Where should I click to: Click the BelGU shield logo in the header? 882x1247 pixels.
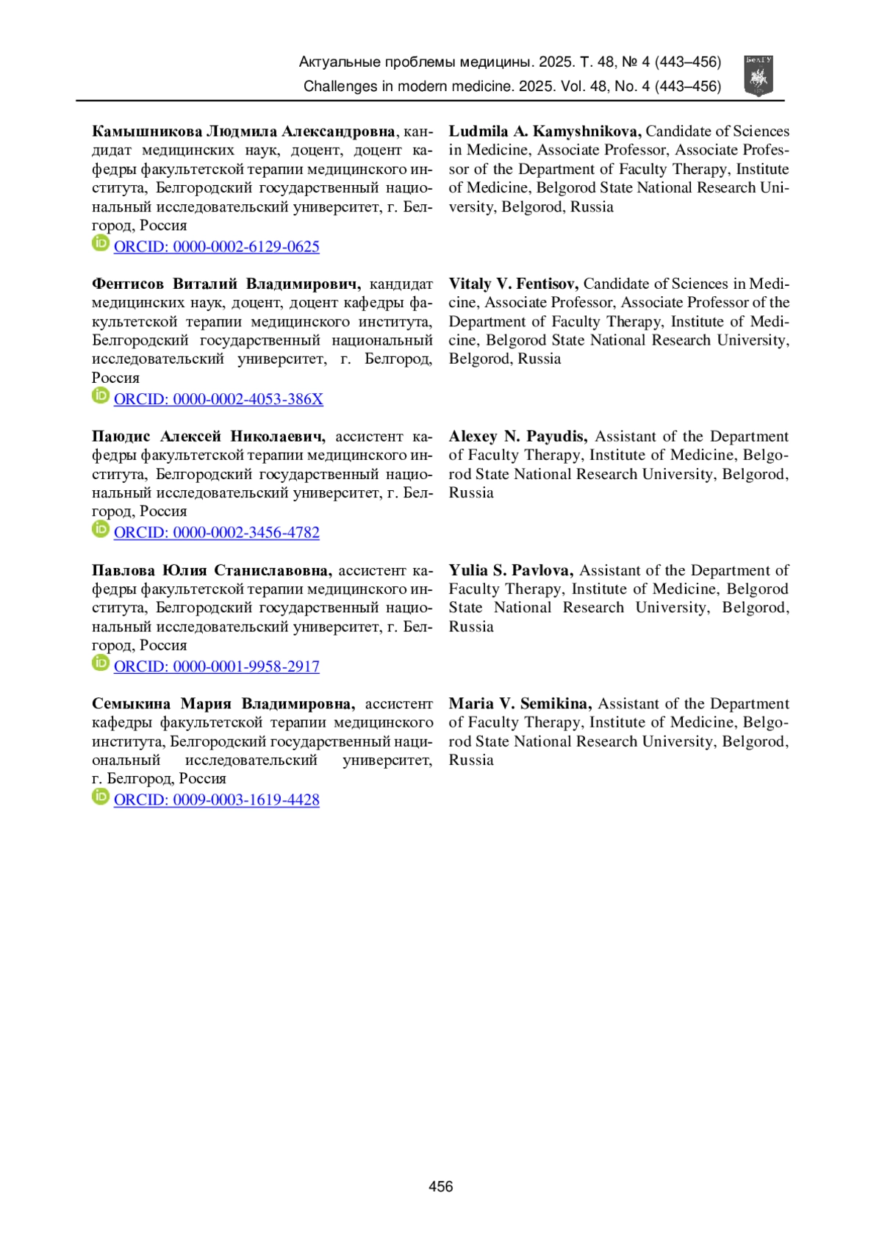[x=759, y=76]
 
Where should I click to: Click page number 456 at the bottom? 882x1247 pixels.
[x=440, y=1186]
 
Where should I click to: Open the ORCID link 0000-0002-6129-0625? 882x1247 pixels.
[x=216, y=247]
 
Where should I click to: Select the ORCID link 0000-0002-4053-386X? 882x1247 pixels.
[x=218, y=399]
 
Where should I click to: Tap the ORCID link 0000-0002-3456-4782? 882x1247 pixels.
[x=216, y=533]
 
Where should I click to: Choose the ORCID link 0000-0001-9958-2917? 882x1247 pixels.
[x=216, y=666]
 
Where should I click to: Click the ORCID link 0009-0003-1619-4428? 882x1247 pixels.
[x=216, y=800]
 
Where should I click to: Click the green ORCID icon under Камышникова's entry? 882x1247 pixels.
[x=101, y=243]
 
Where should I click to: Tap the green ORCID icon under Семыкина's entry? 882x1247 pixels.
[x=101, y=797]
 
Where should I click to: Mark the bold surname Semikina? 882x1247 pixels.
[x=556, y=704]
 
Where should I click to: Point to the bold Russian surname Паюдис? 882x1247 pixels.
[x=121, y=436]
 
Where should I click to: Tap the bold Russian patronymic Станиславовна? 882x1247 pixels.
[x=273, y=570]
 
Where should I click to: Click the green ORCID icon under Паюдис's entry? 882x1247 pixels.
[x=101, y=529]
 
